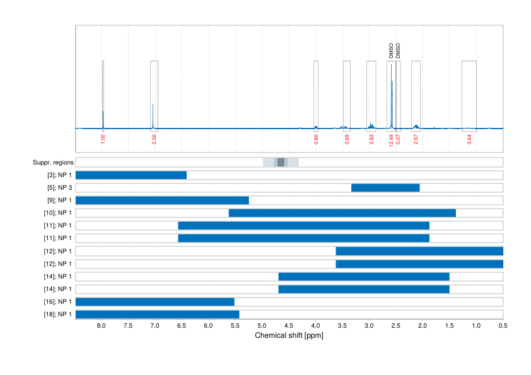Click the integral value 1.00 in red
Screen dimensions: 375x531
click(x=103, y=138)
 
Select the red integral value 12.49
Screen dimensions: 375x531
click(x=391, y=139)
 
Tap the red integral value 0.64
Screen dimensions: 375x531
click(x=469, y=139)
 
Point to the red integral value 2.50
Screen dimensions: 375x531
click(x=154, y=138)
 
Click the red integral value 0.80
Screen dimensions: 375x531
click(x=316, y=139)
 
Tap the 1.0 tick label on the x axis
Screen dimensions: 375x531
click(x=476, y=326)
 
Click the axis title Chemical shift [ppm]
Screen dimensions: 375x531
click(x=289, y=336)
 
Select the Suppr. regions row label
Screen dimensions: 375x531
click(x=53, y=163)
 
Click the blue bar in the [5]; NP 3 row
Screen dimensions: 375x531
click(x=385, y=188)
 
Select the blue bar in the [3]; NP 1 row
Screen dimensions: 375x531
click(x=131, y=175)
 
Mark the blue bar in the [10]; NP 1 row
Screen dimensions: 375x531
click(x=342, y=213)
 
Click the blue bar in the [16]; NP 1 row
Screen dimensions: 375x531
click(x=155, y=302)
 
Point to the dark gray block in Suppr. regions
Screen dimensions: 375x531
click(x=281, y=163)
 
